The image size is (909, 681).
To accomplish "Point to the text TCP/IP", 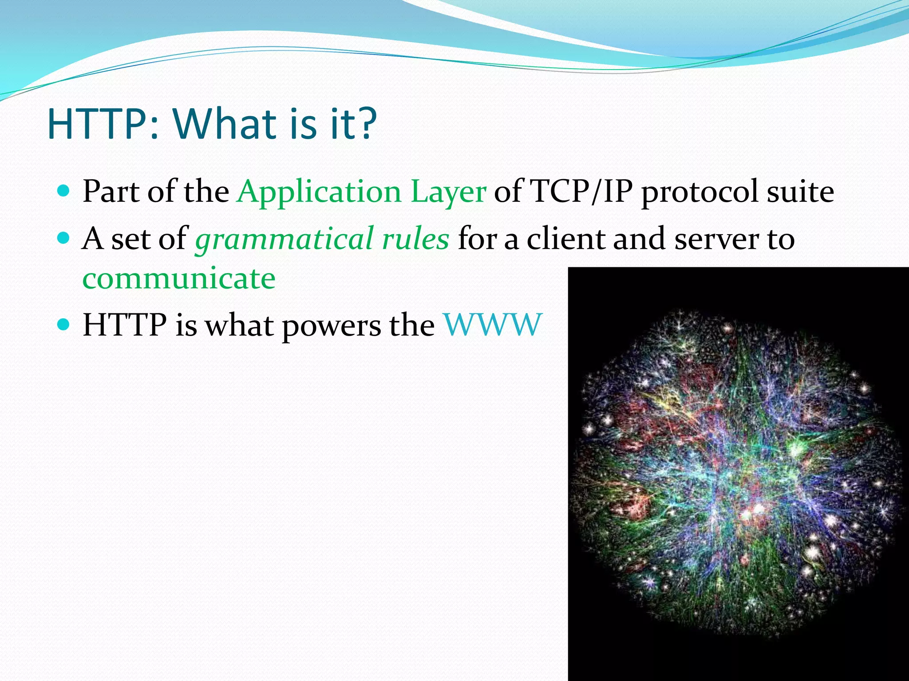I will coord(582,192).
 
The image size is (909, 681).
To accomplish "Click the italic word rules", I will coord(415,239).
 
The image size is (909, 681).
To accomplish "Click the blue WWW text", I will coord(493,325).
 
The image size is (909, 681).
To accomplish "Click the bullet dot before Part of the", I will coord(64,191).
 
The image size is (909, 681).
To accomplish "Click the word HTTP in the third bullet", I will coord(125,325).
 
